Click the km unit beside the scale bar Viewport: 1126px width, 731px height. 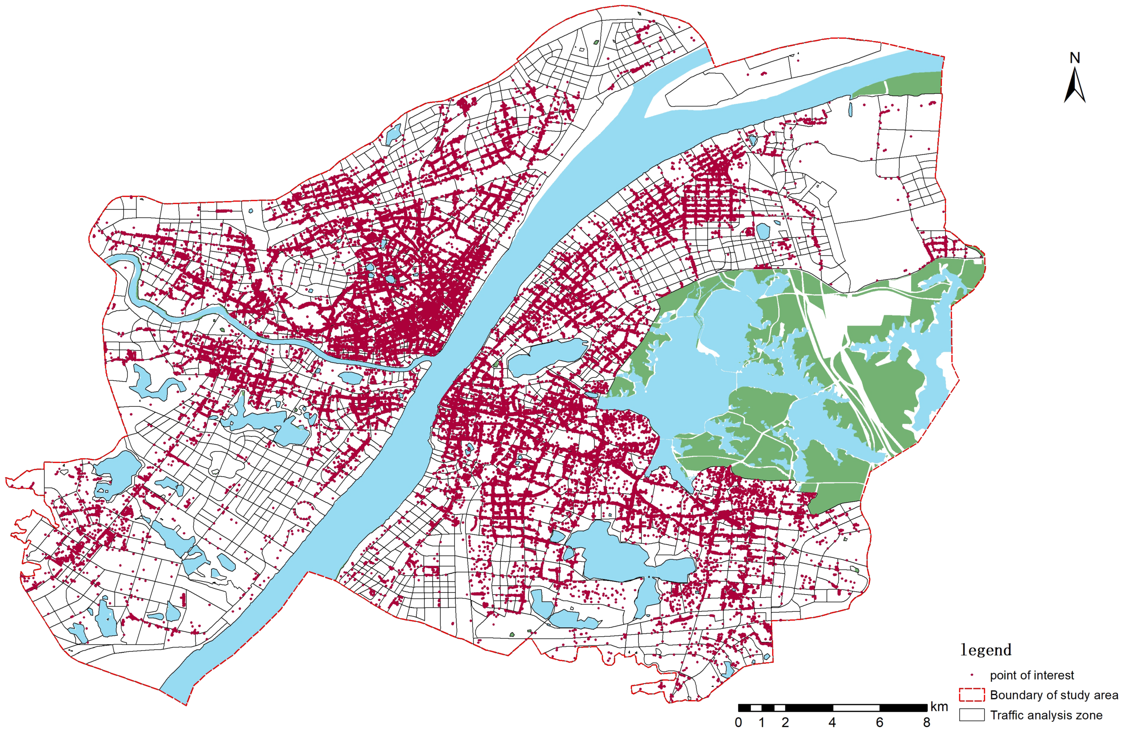[x=939, y=707]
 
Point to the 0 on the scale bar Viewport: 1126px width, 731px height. [x=738, y=722]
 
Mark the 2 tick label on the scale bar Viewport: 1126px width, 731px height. [x=785, y=722]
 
